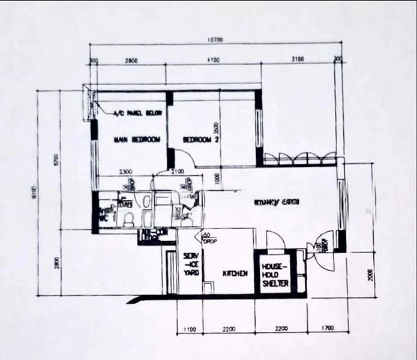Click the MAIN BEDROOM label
coord(137,140)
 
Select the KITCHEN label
coord(235,274)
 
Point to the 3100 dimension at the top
coord(297,59)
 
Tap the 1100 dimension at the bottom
coord(190,329)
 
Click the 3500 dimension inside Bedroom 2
coord(216,130)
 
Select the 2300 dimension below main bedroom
coord(126,173)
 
